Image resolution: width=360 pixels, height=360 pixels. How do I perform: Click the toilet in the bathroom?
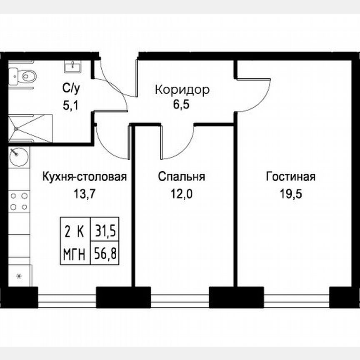(x=26, y=76)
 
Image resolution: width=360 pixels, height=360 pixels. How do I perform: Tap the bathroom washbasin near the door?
(x=74, y=65)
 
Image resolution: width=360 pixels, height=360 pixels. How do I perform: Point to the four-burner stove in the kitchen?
(x=19, y=201)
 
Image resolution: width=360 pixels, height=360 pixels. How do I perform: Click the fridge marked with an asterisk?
(x=19, y=275)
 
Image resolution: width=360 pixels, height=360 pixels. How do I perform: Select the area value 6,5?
(x=181, y=104)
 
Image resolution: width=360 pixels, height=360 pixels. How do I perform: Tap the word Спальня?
(x=181, y=177)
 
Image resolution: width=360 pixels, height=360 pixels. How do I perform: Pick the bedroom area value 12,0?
(x=181, y=194)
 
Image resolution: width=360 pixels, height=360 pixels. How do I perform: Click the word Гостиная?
(x=291, y=177)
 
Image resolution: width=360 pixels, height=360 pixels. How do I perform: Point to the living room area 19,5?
(x=290, y=194)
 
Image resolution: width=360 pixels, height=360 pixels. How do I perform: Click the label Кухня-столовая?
(x=85, y=177)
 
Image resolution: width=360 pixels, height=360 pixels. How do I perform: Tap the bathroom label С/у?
(x=70, y=88)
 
